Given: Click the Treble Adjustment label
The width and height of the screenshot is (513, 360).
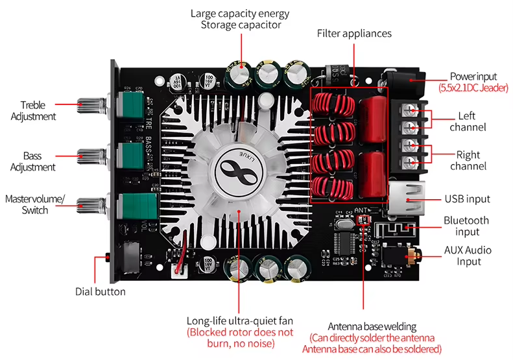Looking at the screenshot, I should click(38, 110).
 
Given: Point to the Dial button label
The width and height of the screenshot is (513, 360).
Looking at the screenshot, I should click(100, 292).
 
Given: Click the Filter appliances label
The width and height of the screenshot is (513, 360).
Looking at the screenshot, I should click(354, 33).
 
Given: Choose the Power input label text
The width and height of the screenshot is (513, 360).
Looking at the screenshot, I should click(471, 77).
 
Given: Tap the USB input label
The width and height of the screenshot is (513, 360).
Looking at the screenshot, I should click(467, 199).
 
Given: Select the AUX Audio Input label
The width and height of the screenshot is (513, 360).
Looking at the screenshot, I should click(468, 256).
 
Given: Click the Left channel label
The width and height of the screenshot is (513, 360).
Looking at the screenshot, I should click(467, 121).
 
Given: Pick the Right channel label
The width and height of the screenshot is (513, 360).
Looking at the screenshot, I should click(467, 161).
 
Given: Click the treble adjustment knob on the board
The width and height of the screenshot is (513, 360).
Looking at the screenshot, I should click(88, 103).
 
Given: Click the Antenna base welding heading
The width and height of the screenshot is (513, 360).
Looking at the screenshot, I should click(372, 326).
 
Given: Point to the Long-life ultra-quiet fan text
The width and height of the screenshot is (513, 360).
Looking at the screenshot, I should click(240, 321).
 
